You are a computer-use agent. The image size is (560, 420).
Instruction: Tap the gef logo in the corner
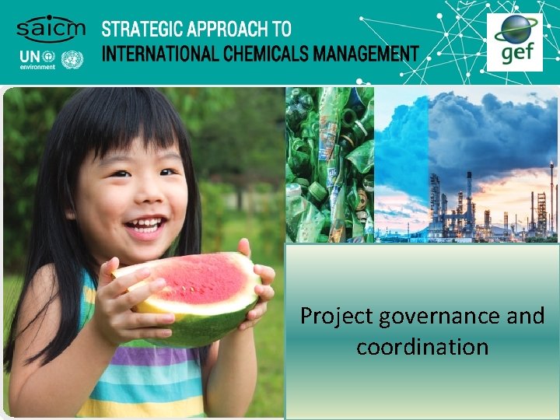[x=514, y=42]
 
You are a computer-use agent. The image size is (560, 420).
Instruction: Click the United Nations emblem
[x=72, y=59]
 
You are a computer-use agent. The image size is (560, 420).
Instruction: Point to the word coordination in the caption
[x=422, y=346]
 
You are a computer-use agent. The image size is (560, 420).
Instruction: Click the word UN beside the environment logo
[x=28, y=58]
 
